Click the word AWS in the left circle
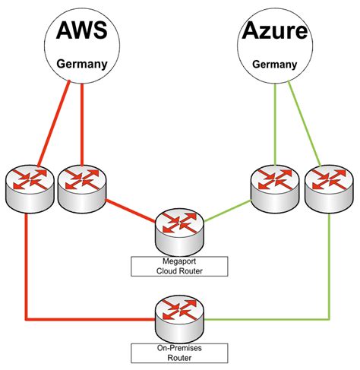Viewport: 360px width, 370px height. pos(82,30)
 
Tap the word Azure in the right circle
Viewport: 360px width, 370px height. pos(275,30)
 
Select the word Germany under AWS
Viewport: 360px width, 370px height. pos(82,65)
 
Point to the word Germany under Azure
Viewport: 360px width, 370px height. pos(275,65)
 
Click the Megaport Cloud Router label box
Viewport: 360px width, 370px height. pos(179,266)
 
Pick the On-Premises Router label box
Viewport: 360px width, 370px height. pos(179,353)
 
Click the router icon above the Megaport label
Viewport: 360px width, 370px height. pos(179,232)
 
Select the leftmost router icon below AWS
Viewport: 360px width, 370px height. pos(30,188)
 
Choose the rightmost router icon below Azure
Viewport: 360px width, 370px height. pos(329,188)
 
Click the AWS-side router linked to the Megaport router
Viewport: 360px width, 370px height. pos(82,188)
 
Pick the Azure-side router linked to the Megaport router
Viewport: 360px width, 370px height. pos(275,188)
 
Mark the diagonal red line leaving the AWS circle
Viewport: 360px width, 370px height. pos(53,124)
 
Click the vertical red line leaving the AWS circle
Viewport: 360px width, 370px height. pos(82,124)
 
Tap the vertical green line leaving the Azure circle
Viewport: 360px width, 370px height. pos(275,124)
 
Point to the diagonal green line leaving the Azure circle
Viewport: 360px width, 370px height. pos(305,124)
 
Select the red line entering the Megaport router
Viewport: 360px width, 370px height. pos(131,211)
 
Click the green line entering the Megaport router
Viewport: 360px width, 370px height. pos(228,211)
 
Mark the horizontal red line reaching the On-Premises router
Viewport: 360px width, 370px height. pos(90,319)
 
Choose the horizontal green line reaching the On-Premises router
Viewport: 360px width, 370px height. pos(267,319)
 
